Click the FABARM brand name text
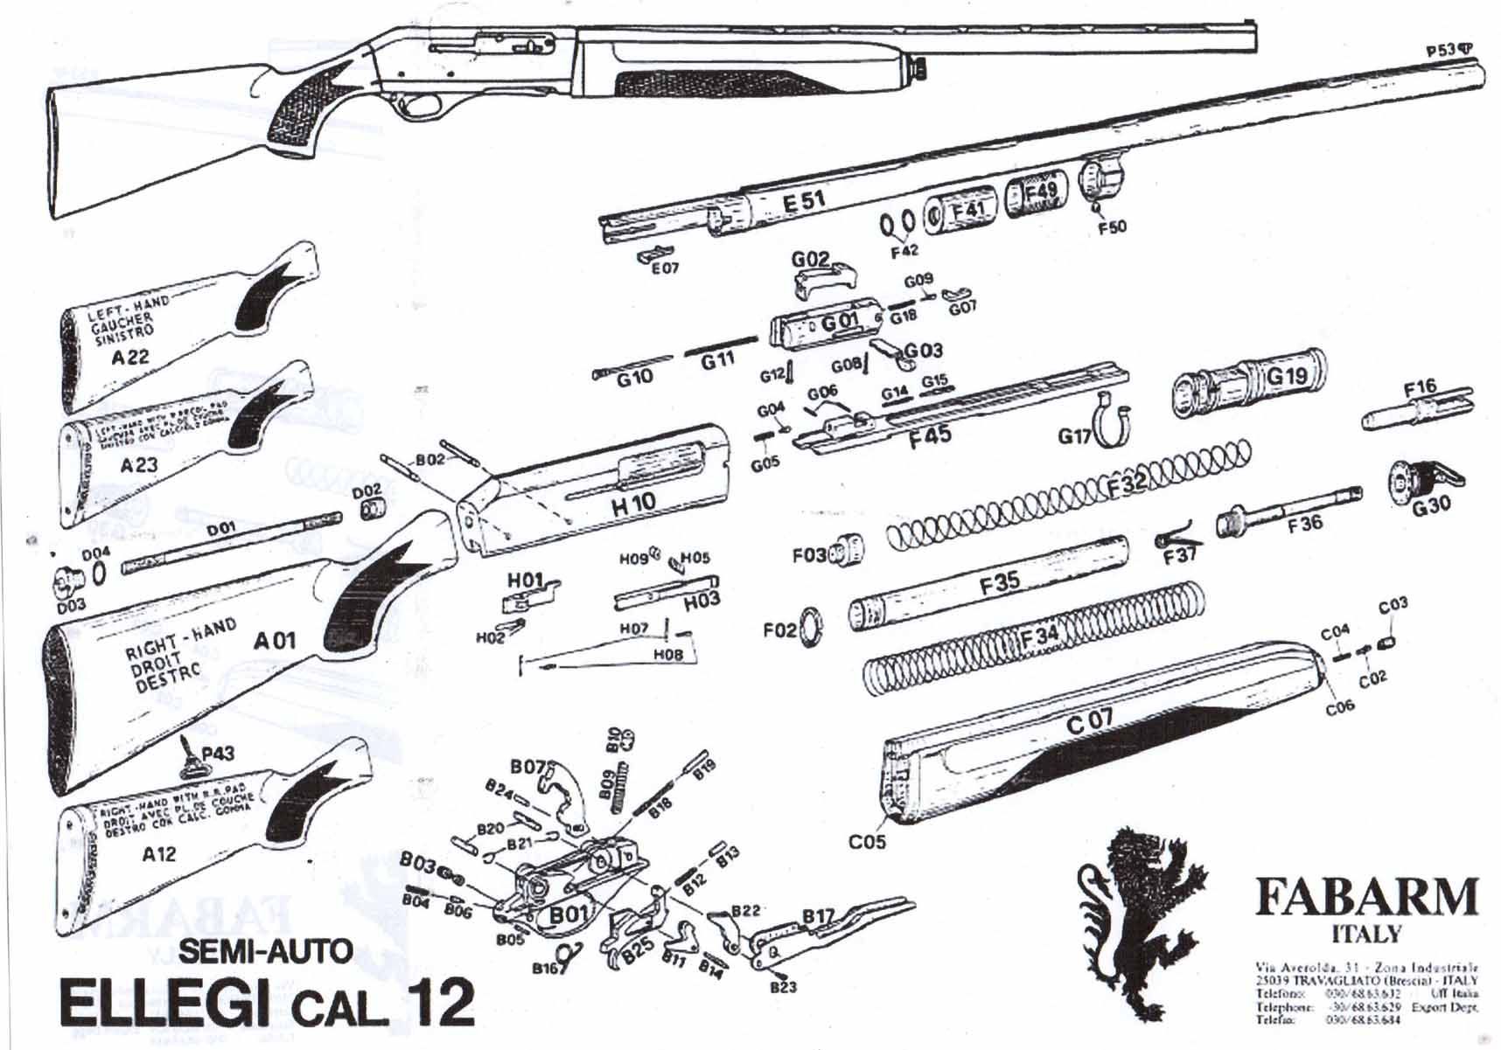[x=1365, y=897]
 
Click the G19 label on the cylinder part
[x=1286, y=377]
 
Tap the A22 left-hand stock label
[x=130, y=357]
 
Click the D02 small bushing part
[x=374, y=510]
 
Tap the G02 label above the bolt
[x=810, y=260]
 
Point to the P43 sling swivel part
[x=193, y=757]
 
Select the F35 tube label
[x=999, y=583]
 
